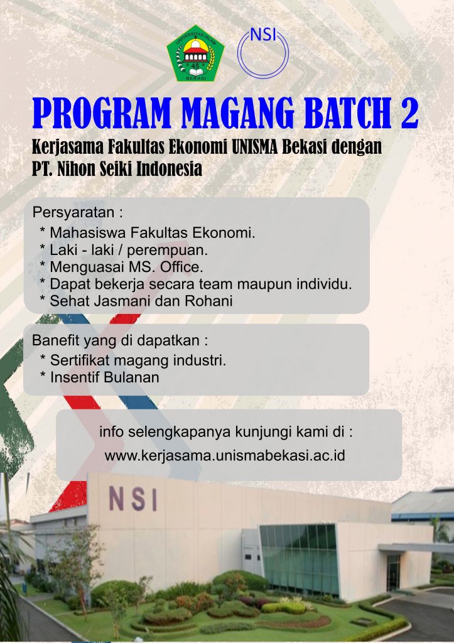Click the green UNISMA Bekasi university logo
point(196,53)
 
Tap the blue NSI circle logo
point(263,52)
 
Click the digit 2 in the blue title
point(409,113)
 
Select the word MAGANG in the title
point(238,113)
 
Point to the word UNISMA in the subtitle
point(255,146)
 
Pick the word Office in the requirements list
point(181,267)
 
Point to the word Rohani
point(208,301)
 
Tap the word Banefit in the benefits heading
point(56,340)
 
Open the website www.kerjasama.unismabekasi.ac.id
point(225,455)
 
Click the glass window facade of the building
point(300,557)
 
